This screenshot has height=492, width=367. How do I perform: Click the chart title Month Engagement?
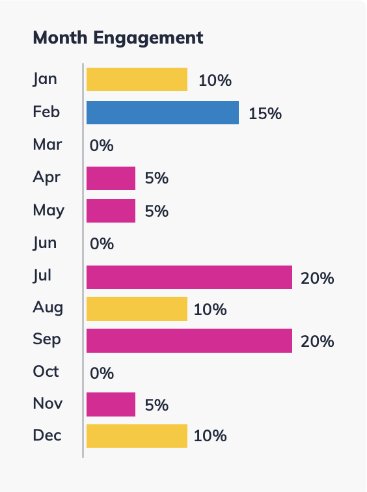click(x=118, y=38)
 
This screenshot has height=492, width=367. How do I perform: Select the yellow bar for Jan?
click(x=137, y=79)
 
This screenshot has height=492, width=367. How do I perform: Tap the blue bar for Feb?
click(x=163, y=113)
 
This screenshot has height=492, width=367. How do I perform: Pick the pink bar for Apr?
click(x=111, y=178)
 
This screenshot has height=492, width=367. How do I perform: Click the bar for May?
click(x=111, y=211)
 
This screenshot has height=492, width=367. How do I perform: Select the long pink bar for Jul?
click(x=189, y=277)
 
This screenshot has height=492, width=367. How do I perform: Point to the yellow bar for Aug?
click(x=137, y=309)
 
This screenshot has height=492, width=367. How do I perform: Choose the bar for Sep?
click(x=189, y=341)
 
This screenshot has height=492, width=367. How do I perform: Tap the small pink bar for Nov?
click(x=111, y=404)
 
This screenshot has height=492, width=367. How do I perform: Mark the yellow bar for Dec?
click(x=137, y=436)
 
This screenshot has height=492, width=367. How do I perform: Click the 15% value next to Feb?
click(x=265, y=114)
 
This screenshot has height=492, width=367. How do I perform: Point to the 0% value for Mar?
click(x=102, y=146)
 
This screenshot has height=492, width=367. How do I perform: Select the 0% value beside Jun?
click(x=102, y=244)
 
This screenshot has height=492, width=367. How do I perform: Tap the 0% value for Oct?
click(x=102, y=373)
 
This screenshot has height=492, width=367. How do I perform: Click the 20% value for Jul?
click(x=317, y=279)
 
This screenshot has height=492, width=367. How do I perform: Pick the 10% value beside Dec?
click(x=210, y=436)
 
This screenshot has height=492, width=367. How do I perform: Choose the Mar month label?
click(x=48, y=144)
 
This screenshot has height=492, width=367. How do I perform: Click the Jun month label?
click(x=45, y=243)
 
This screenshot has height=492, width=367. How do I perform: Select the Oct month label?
click(x=46, y=371)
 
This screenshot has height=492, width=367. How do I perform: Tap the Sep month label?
click(x=46, y=339)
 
